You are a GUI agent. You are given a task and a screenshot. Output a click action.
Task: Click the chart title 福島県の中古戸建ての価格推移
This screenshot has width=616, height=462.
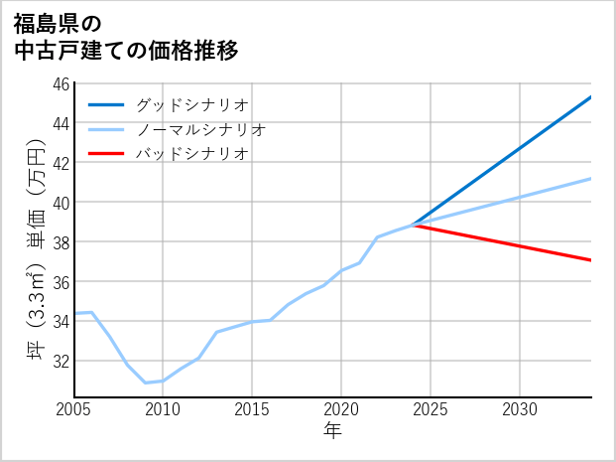pyautogui.click(x=125, y=35)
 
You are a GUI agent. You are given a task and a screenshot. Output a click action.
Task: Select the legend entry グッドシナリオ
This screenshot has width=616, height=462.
pyautogui.click(x=190, y=103)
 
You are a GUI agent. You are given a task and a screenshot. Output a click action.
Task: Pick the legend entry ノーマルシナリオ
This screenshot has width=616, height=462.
pyautogui.click(x=200, y=129)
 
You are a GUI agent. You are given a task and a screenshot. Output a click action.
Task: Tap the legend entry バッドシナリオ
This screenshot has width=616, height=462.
pyautogui.click(x=190, y=154)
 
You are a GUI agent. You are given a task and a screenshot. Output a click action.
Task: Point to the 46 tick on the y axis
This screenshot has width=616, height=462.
pyautogui.click(x=61, y=83)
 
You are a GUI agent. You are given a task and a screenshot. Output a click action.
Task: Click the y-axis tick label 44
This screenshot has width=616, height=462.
pyautogui.click(x=61, y=123)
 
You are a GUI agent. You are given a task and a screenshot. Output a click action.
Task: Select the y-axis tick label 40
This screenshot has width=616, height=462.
pyautogui.click(x=61, y=203)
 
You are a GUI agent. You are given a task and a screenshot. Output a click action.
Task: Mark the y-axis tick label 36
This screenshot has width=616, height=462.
pyautogui.click(x=61, y=282)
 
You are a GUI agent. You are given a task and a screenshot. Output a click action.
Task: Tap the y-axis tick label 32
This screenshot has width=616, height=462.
pyautogui.click(x=61, y=361)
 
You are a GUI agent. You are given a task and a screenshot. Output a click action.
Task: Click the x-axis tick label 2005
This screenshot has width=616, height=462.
pyautogui.click(x=74, y=409)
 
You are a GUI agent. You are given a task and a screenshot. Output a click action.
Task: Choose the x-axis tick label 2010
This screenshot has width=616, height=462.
pyautogui.click(x=163, y=409)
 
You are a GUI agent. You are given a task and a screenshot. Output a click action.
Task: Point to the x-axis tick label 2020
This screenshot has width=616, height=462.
pyautogui.click(x=341, y=409)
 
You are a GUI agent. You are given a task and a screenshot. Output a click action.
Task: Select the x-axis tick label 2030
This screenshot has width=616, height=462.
pyautogui.click(x=520, y=409)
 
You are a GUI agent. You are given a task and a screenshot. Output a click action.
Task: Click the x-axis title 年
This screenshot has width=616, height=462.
pyautogui.click(x=332, y=430)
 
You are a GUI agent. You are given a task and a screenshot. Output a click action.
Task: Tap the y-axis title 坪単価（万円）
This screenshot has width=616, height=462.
pyautogui.click(x=36, y=240)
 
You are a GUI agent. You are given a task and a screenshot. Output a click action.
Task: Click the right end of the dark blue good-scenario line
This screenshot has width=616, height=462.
pyautogui.click(x=591, y=97)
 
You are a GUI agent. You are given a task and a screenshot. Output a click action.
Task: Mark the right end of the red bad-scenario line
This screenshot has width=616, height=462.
pyautogui.click(x=591, y=260)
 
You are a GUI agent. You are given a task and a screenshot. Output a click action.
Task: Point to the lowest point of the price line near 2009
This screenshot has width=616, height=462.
pyautogui.click(x=146, y=383)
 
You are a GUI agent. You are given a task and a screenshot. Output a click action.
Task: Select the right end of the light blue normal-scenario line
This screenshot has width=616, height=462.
pyautogui.click(x=591, y=179)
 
